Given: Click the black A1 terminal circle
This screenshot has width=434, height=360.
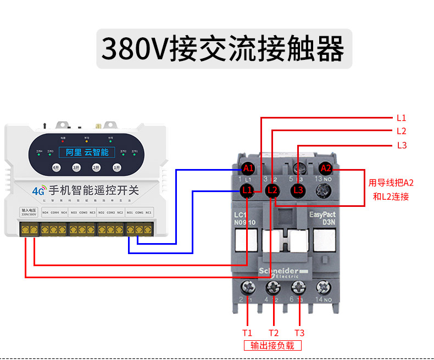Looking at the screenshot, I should [x=248, y=167].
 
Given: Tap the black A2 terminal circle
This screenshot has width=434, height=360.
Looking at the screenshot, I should [x=326, y=167].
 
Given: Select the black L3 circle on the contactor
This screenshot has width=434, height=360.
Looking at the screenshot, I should [x=298, y=190].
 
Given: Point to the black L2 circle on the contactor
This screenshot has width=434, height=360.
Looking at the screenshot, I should [x=272, y=190].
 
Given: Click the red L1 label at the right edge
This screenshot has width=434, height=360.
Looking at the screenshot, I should [x=401, y=117].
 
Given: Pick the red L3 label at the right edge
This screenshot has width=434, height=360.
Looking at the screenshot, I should [x=402, y=145].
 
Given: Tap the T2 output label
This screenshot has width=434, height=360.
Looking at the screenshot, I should [x=274, y=333].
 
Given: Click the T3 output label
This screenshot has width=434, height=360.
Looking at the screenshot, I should [x=299, y=333].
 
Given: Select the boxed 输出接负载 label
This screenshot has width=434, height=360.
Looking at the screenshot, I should [x=272, y=346].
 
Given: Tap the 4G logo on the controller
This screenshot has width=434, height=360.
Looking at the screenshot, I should [x=38, y=192].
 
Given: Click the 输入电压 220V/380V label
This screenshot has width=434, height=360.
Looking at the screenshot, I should [x=29, y=212].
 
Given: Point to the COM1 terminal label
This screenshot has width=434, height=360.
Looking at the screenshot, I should [x=140, y=212].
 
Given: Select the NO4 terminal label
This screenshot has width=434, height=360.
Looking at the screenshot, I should [x=45, y=212].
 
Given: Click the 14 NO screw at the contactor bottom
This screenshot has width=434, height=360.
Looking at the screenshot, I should [x=324, y=287].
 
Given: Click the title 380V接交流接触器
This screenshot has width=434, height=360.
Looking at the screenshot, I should [x=224, y=50].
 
